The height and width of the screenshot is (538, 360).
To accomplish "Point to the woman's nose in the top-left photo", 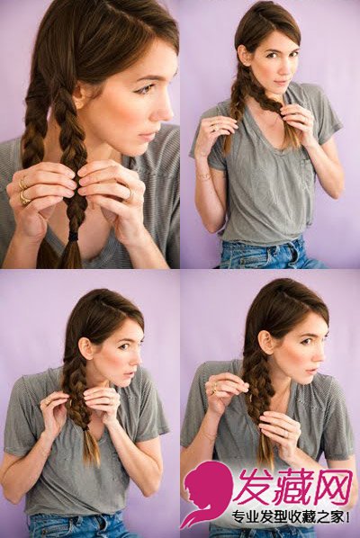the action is pyautogui.click(x=165, y=111).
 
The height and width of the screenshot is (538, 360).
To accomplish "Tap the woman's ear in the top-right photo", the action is pyautogui.click(x=243, y=55).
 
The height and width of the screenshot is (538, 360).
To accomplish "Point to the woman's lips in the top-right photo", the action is pyautogui.click(x=281, y=83).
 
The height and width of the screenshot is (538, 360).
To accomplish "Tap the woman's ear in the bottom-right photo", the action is pyautogui.click(x=265, y=342).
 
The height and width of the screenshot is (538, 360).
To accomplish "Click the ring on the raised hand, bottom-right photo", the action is pyautogui.click(x=215, y=387).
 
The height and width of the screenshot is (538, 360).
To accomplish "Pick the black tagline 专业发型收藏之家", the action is pyautogui.click(x=291, y=516).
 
